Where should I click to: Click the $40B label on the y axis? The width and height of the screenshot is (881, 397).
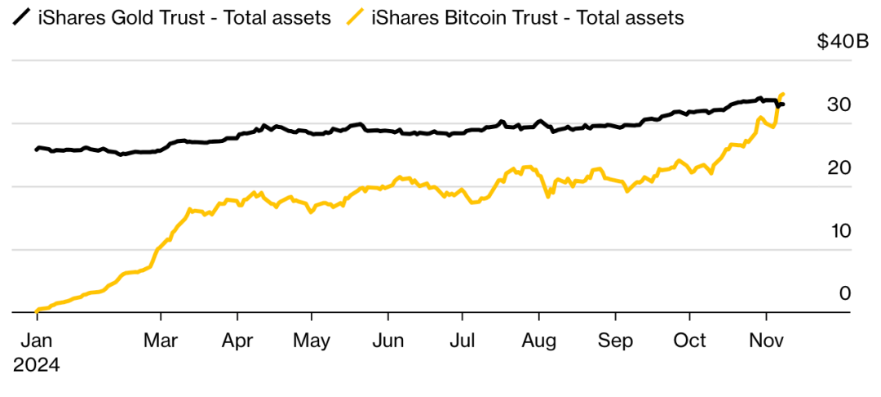(x=843, y=42)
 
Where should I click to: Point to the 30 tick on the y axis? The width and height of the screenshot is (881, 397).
(x=839, y=105)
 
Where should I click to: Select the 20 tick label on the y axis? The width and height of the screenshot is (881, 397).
(x=839, y=167)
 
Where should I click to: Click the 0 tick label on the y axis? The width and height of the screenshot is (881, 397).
(x=845, y=293)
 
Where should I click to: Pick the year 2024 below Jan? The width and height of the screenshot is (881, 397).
(x=36, y=365)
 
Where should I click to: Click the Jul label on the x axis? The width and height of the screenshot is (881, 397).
(x=463, y=340)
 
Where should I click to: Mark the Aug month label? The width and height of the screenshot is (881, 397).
(x=538, y=340)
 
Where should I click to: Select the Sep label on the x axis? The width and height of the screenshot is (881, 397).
(x=615, y=340)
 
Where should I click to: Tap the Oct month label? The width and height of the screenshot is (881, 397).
(x=691, y=340)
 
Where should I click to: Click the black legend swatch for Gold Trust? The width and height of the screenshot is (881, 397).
(x=23, y=16)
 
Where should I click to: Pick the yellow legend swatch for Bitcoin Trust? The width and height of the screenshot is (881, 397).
(x=355, y=16)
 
